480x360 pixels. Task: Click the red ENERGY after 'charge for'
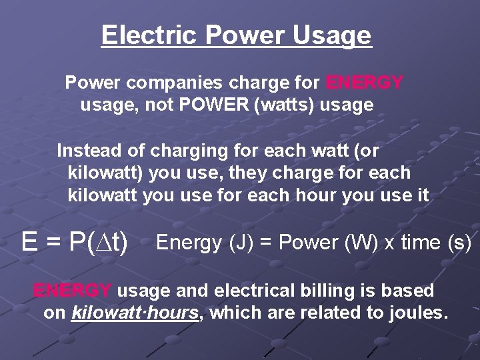click(365, 83)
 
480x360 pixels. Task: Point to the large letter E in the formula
click(29, 242)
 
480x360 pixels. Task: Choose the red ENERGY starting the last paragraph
click(73, 291)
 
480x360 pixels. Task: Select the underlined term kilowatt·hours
click(135, 312)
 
